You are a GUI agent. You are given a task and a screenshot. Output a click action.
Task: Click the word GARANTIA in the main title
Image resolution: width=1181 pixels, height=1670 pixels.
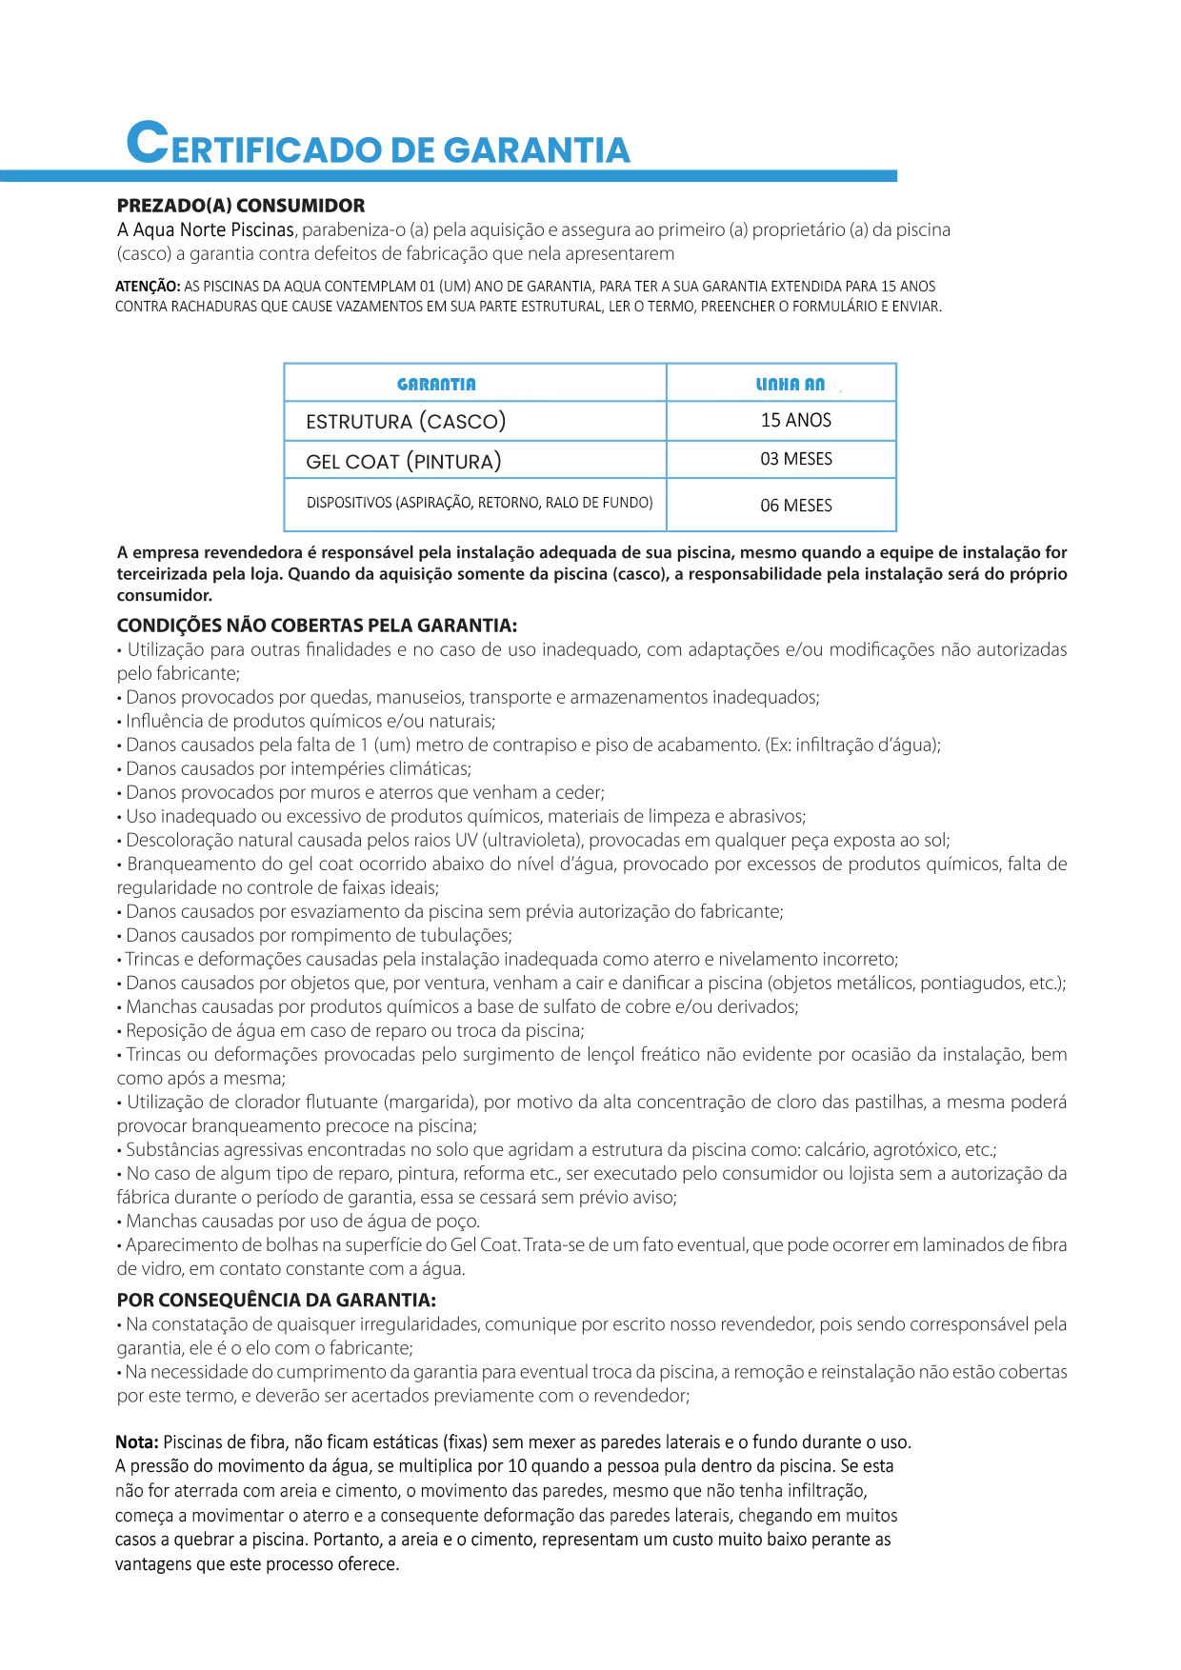(x=536, y=150)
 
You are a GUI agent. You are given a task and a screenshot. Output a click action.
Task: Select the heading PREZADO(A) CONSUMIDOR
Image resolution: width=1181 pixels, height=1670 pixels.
(x=240, y=206)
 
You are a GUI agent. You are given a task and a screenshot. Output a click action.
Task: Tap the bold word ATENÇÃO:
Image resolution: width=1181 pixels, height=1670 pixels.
(x=148, y=287)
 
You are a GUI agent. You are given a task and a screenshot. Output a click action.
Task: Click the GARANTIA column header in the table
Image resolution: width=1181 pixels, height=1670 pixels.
(x=436, y=385)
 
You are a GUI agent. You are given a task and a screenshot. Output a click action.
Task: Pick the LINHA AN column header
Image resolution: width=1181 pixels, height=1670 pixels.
(x=790, y=385)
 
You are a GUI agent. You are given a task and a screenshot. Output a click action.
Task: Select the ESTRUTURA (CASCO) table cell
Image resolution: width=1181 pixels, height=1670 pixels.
(x=406, y=422)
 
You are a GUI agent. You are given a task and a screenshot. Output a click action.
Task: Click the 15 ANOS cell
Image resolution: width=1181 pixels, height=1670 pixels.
(x=795, y=421)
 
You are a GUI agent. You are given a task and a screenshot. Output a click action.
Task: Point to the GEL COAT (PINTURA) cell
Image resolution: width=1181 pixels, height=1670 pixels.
(x=403, y=462)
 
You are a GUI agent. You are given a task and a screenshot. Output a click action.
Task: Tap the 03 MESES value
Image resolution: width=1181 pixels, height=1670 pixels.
(x=795, y=459)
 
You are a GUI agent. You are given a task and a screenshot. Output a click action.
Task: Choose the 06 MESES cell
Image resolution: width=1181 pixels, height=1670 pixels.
(x=795, y=506)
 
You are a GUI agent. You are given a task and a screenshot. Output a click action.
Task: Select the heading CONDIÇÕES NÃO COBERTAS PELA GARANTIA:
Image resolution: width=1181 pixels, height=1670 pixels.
(x=316, y=626)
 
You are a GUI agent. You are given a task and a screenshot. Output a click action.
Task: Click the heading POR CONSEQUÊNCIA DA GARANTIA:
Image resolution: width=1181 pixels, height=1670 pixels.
(x=276, y=1300)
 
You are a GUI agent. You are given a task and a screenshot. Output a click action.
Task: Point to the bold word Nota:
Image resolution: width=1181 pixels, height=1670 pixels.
(x=137, y=1442)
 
